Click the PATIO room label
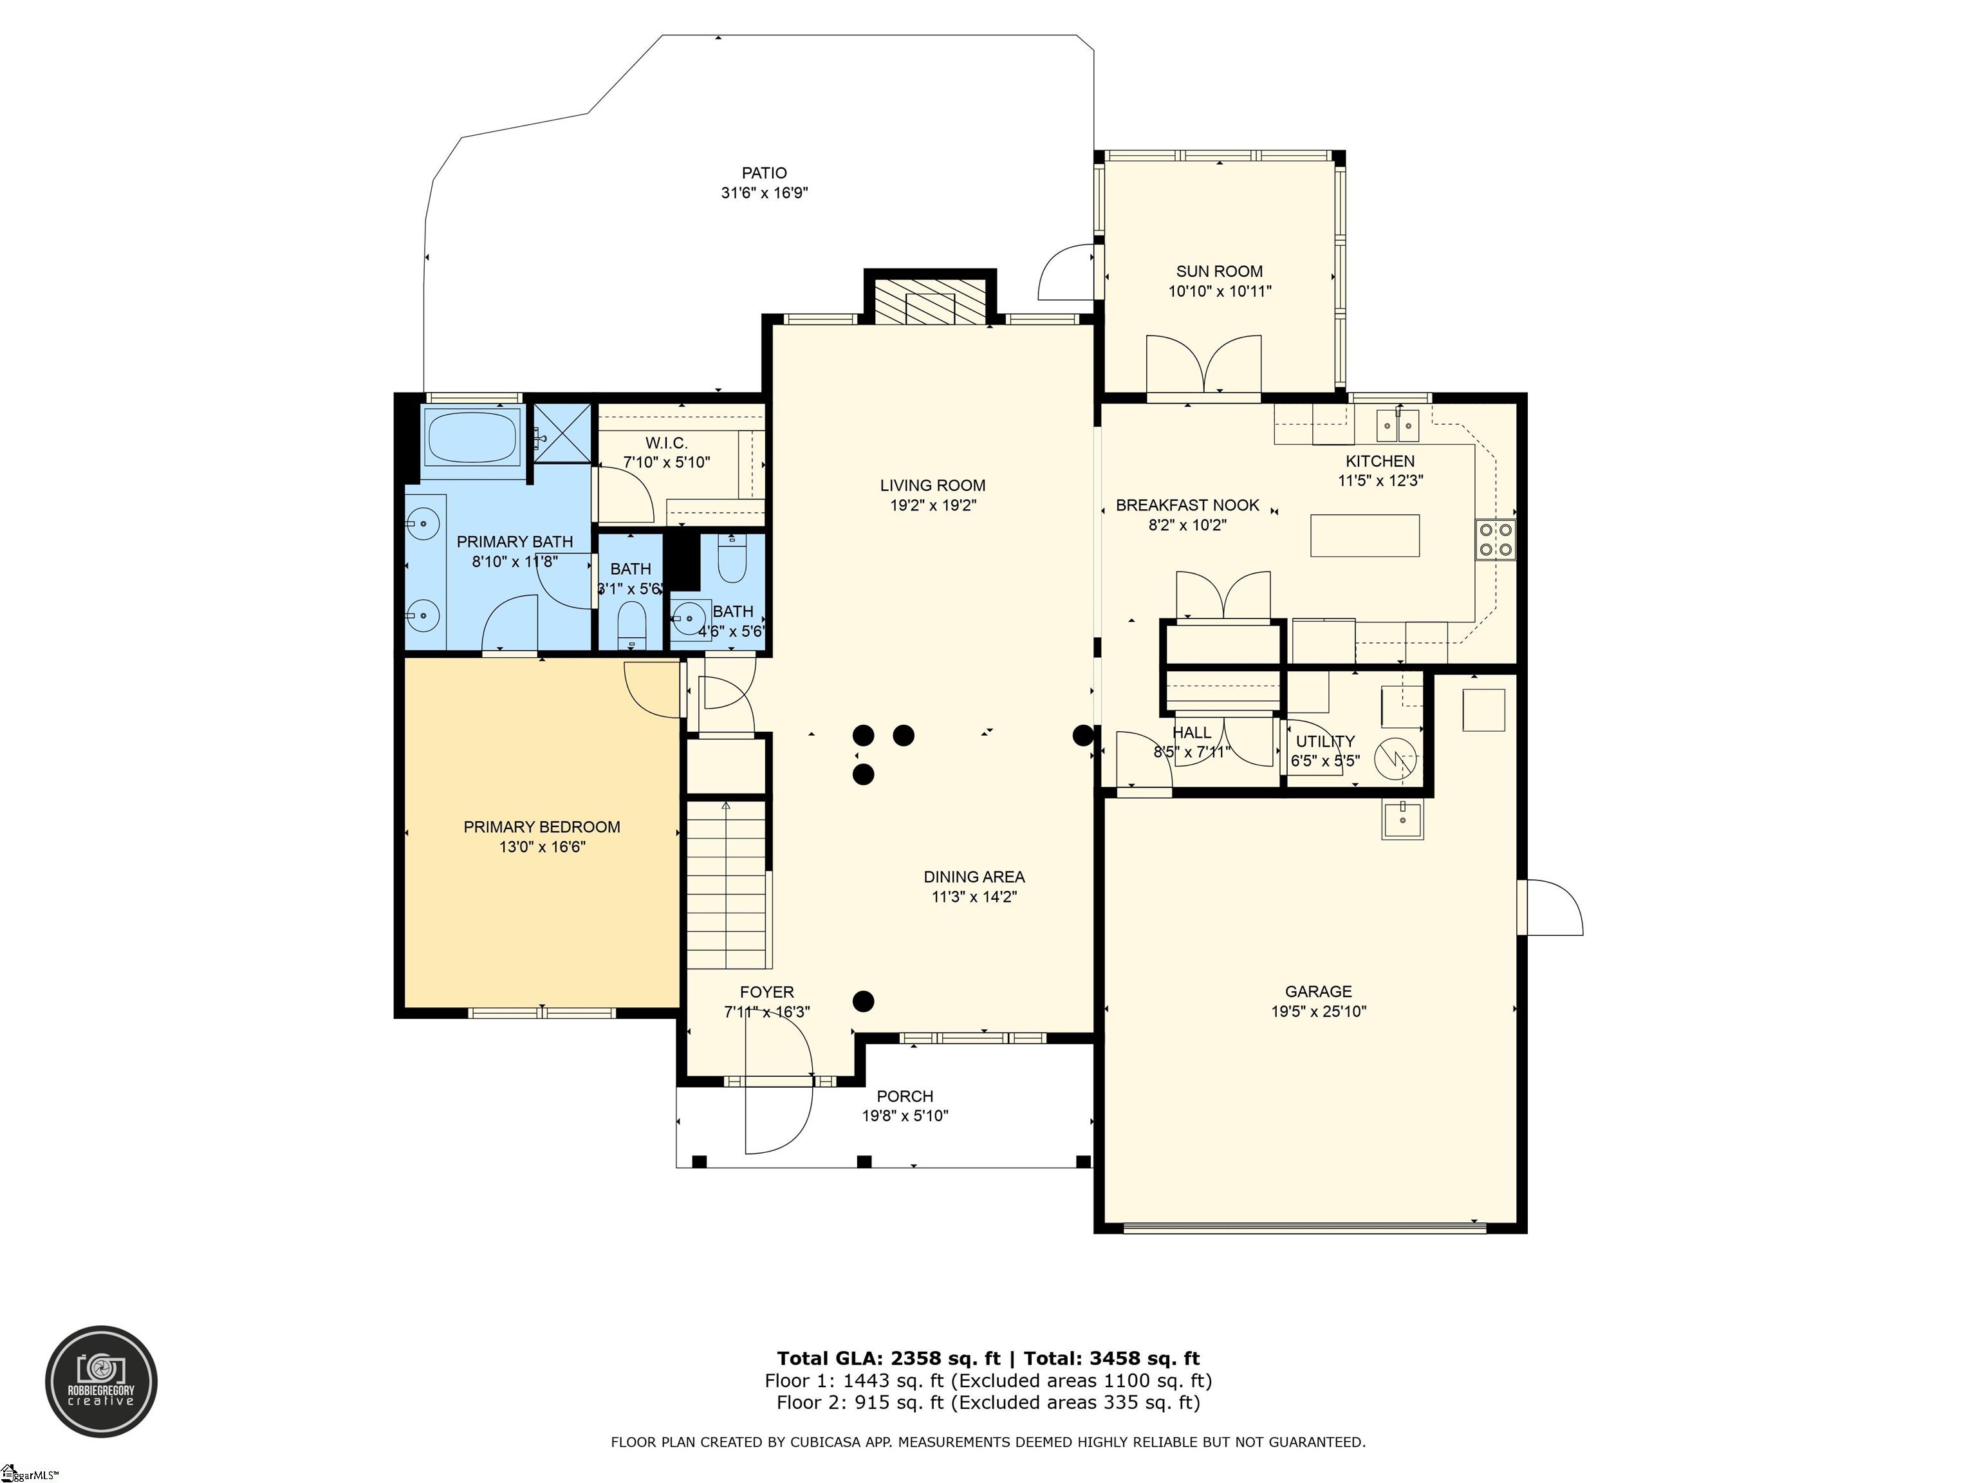click(764, 173)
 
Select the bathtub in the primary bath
click(472, 436)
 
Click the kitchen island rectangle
click(1365, 536)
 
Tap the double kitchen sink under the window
click(1398, 425)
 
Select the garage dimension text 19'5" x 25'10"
click(1318, 1012)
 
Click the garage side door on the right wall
click(1554, 908)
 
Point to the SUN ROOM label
click(1219, 271)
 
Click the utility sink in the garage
click(1402, 820)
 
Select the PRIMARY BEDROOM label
click(542, 827)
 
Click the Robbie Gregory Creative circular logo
click(102, 1381)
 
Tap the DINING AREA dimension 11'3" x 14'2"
click(974, 897)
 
